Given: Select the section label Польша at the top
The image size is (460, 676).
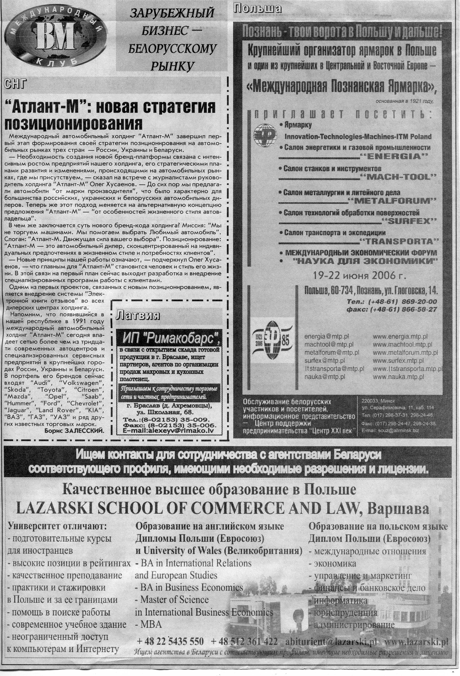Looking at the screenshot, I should click(x=257, y=9).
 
